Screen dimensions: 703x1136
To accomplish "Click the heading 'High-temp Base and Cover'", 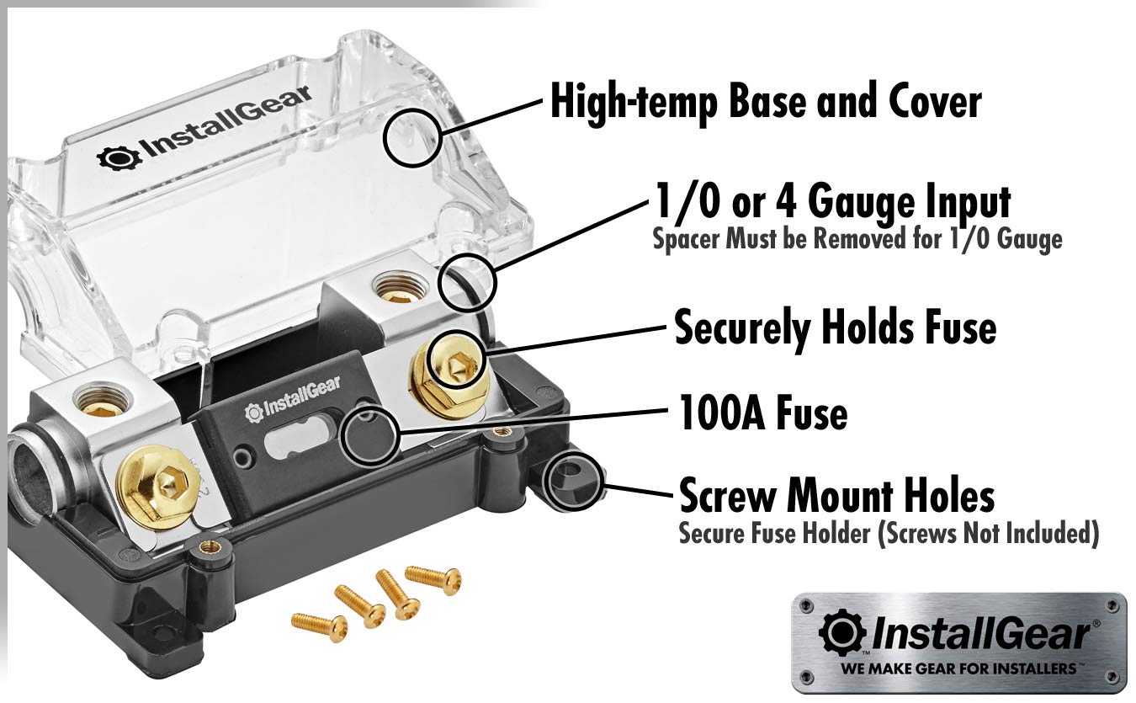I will [765, 102].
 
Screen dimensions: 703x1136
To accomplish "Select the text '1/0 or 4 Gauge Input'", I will [831, 203].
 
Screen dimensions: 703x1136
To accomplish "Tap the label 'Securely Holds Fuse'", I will [835, 328].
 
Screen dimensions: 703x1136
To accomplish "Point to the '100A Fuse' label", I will [762, 413].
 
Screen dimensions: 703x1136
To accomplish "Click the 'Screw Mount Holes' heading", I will [836, 496].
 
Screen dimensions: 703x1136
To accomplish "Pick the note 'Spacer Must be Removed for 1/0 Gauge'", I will [857, 239].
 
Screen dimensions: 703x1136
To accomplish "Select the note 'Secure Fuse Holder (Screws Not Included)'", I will [889, 534].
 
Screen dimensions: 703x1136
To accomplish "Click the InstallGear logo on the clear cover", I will [205, 135].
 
